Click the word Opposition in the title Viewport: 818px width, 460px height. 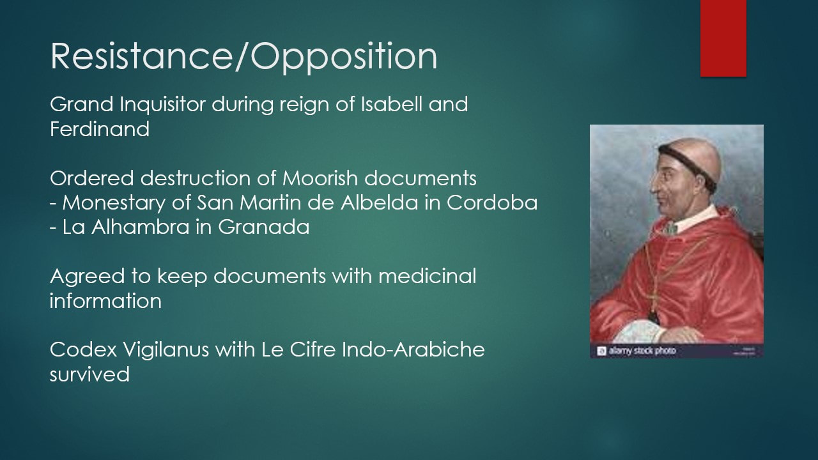pos(344,57)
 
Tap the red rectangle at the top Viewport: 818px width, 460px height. pos(723,38)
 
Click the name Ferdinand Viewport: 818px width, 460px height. pos(100,129)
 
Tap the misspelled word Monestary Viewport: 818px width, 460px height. pos(114,203)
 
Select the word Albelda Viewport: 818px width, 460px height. pos(379,203)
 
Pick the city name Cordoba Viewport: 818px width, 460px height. pos(492,203)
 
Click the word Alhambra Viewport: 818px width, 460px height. pos(140,227)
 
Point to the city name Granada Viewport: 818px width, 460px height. pos(264,227)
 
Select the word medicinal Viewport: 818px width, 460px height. pos(428,276)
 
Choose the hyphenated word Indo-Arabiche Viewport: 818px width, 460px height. pos(413,349)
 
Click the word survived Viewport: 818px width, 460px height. pos(90,374)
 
